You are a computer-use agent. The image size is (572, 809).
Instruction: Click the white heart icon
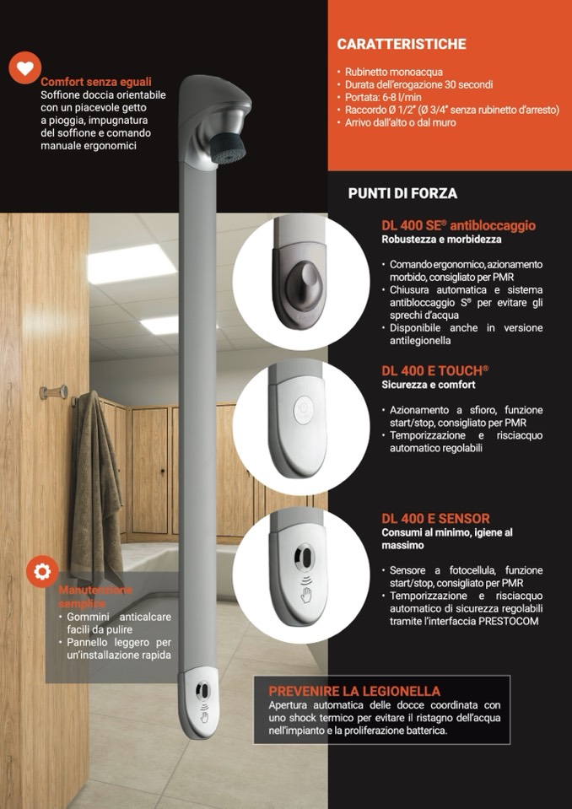[24, 67]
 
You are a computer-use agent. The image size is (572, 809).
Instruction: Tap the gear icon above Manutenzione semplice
[42, 571]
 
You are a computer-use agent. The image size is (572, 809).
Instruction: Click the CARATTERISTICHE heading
[402, 45]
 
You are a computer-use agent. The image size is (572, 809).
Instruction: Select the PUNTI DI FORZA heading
[402, 193]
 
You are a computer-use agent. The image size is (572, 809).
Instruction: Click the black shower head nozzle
[229, 148]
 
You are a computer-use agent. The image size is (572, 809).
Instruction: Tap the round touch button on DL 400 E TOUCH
[303, 411]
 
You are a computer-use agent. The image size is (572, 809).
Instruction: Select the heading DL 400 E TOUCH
[434, 371]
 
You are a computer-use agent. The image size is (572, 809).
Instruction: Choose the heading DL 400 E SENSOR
[436, 519]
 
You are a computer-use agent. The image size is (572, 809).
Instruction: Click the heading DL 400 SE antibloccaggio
[459, 225]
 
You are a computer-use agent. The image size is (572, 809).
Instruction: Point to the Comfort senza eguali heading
[96, 82]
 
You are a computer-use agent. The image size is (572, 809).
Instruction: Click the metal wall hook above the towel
[54, 392]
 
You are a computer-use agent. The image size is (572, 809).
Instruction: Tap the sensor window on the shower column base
[202, 690]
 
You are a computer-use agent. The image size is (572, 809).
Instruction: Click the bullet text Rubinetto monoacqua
[390, 73]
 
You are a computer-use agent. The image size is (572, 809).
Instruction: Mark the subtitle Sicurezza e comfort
[429, 385]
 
